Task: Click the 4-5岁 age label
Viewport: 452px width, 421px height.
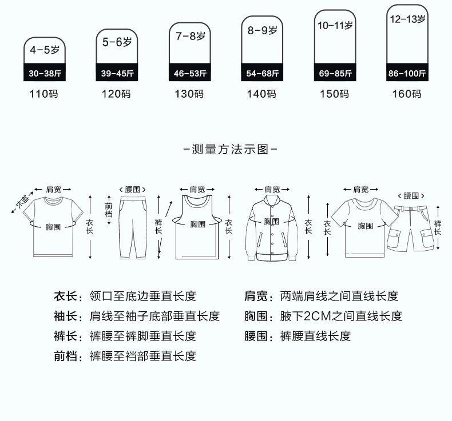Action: [x=45, y=50]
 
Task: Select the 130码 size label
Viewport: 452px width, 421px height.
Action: [x=189, y=94]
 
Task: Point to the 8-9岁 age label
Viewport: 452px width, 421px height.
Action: [x=262, y=30]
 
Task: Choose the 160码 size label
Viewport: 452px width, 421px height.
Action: [x=407, y=94]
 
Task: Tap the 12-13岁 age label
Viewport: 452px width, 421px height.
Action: [x=407, y=19]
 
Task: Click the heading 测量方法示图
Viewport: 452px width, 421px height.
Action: [x=230, y=149]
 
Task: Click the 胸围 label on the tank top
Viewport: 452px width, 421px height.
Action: [x=198, y=224]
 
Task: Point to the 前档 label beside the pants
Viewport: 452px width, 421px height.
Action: [x=109, y=210]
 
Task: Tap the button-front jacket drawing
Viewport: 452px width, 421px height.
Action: [x=272, y=228]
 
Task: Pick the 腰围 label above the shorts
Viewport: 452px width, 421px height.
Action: [x=411, y=196]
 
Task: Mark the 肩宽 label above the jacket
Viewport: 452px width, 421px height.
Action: [x=272, y=189]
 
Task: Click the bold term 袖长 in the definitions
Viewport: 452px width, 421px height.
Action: [x=65, y=316]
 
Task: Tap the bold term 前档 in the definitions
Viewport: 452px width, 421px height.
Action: [x=65, y=356]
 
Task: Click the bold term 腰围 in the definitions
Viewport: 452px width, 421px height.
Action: [x=256, y=336]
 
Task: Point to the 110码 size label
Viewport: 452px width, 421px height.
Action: [x=44, y=94]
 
